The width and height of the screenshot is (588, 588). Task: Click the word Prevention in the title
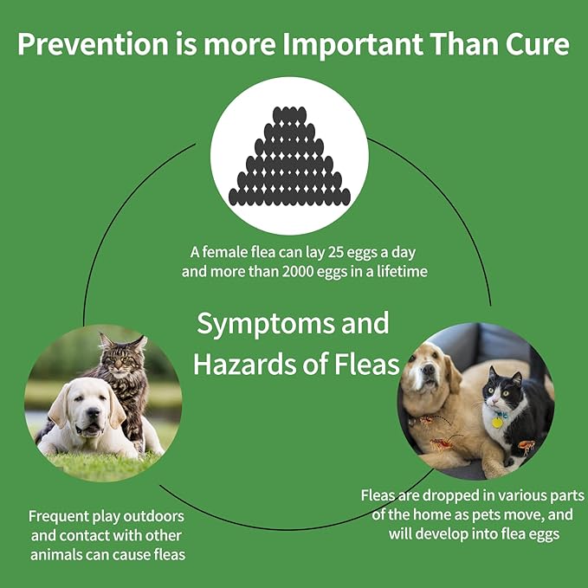[93, 44]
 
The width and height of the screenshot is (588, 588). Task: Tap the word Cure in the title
[538, 44]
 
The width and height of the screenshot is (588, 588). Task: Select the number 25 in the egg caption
[335, 252]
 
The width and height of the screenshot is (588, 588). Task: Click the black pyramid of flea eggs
[289, 156]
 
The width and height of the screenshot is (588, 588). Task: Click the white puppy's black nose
[93, 413]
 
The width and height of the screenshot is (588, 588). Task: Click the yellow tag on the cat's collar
[497, 423]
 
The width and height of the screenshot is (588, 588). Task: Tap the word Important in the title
[352, 44]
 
